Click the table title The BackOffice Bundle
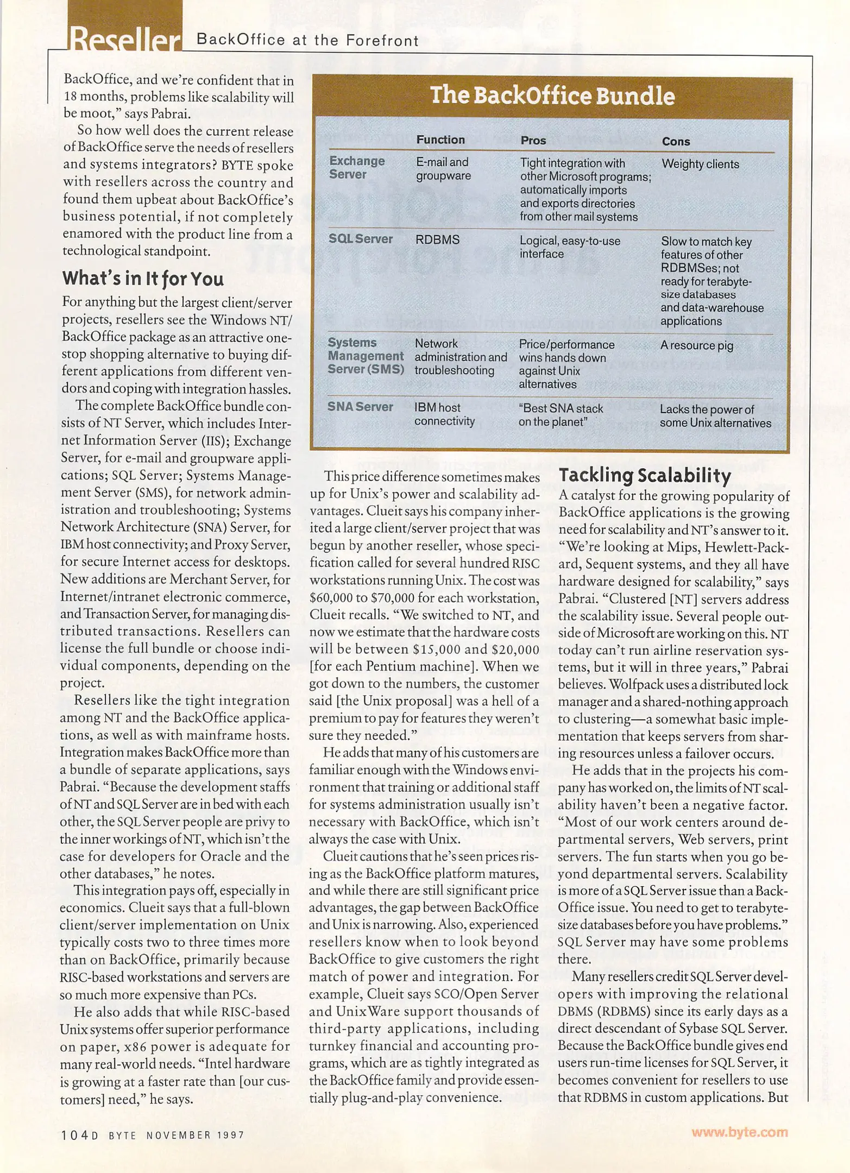click(x=552, y=96)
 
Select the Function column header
click(x=440, y=140)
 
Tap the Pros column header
click(x=533, y=140)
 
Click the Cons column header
click(x=676, y=141)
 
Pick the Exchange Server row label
click(x=357, y=167)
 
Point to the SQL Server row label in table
click(x=361, y=238)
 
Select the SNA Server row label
click(x=360, y=407)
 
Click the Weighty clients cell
click(x=700, y=164)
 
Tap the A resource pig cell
click(x=696, y=345)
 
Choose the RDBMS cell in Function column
click(x=437, y=239)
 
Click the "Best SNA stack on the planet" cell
click(x=561, y=415)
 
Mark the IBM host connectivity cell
click(x=444, y=414)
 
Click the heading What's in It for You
click(x=143, y=279)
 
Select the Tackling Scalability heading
click(x=645, y=475)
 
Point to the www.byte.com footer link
click(x=739, y=1132)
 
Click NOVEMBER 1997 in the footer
click(x=196, y=1135)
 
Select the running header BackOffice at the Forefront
click(x=307, y=40)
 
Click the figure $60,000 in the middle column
click(x=331, y=598)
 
